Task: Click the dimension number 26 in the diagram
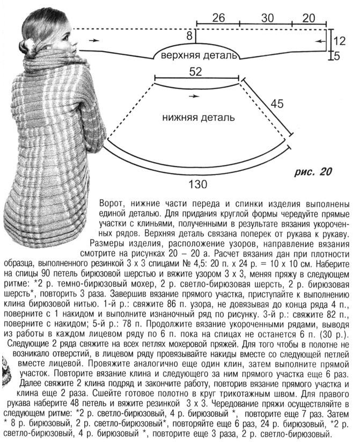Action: (x=218, y=17)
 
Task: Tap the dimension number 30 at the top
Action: (x=267, y=17)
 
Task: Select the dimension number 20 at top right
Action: (x=308, y=17)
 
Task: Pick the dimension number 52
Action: (x=196, y=71)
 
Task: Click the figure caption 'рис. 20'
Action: (x=314, y=172)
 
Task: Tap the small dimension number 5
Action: (x=336, y=55)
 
